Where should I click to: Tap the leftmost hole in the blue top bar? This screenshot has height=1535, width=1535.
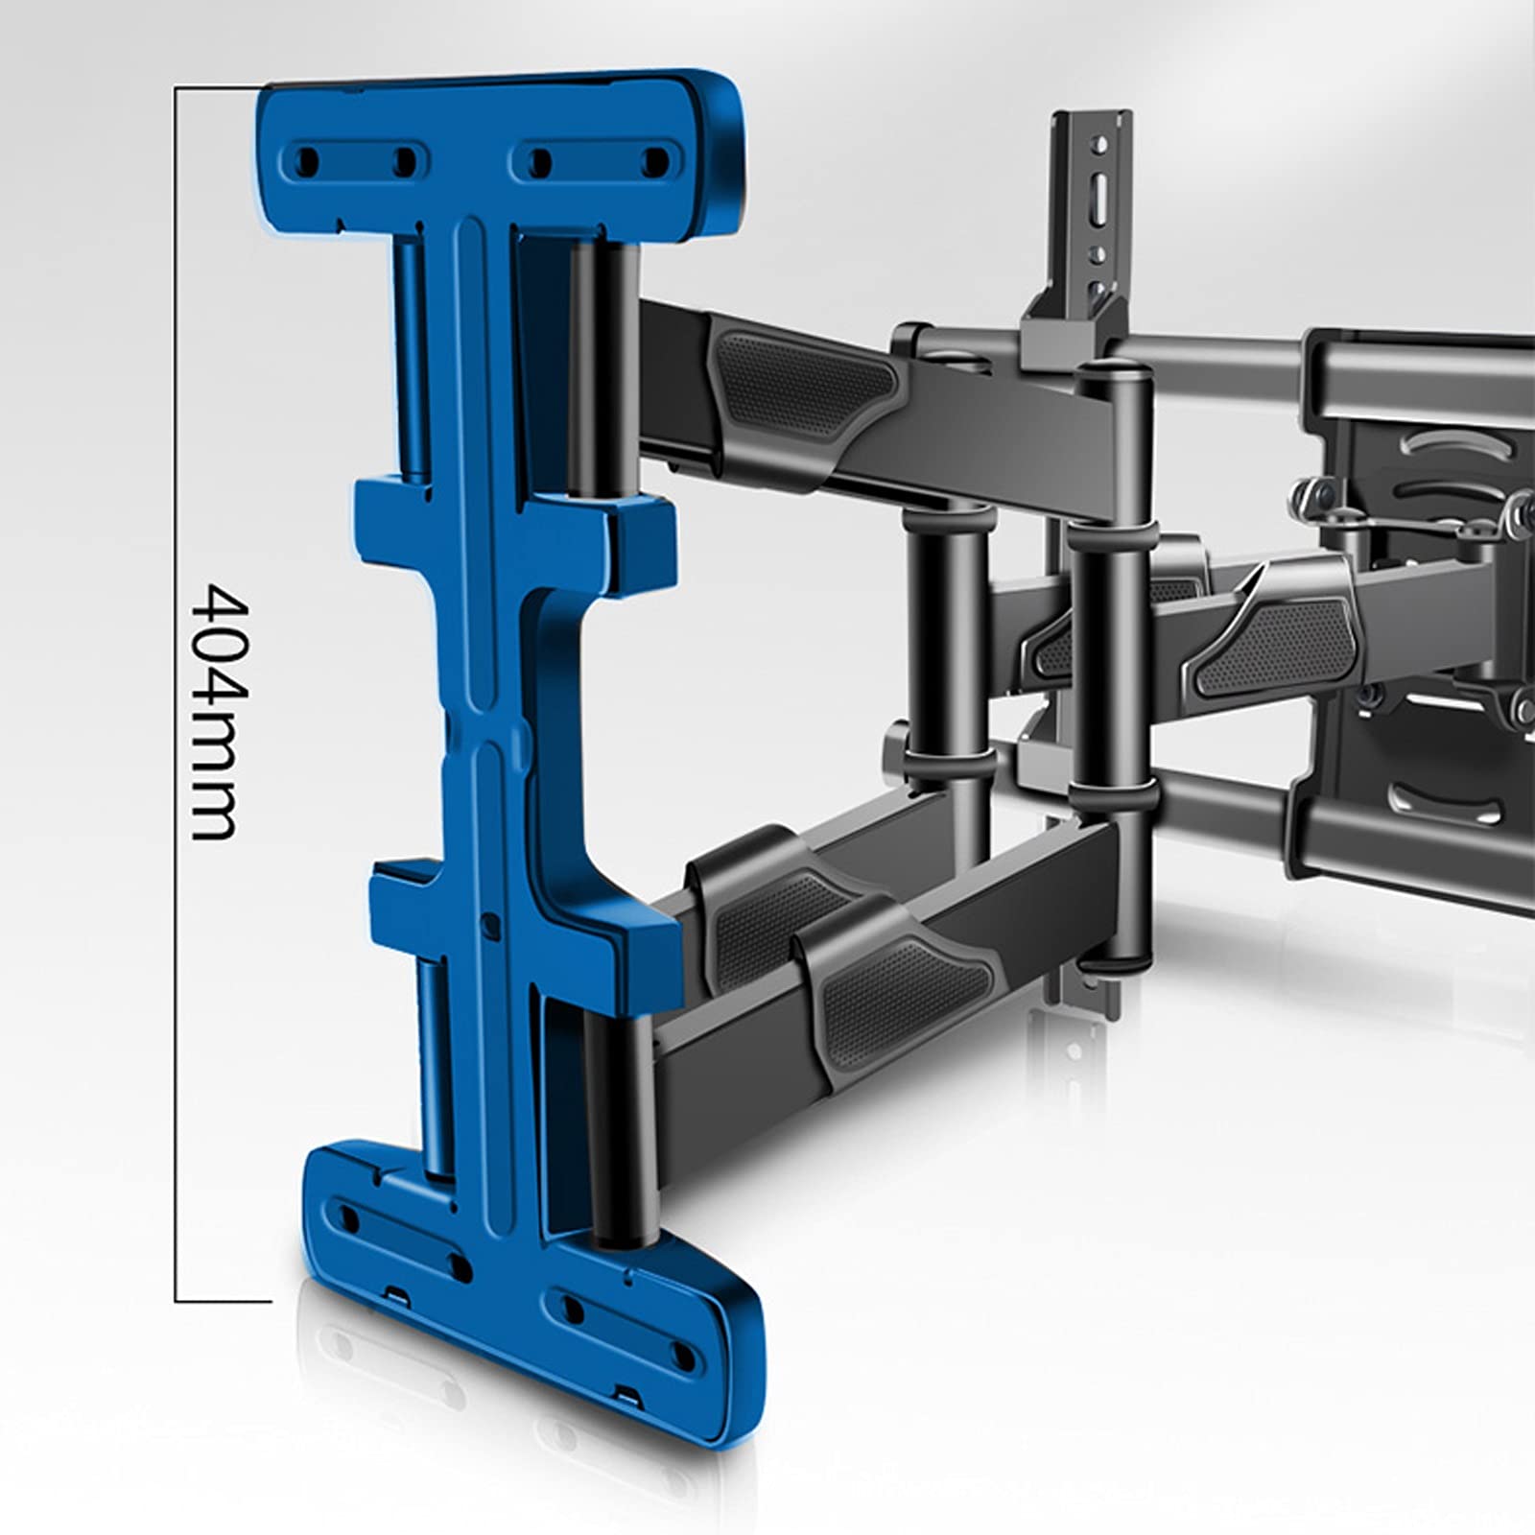[310, 159]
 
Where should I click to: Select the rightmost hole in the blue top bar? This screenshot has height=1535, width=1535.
[657, 159]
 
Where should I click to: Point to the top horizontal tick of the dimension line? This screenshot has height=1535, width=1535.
[218, 87]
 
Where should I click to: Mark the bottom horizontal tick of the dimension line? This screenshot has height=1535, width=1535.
[223, 1301]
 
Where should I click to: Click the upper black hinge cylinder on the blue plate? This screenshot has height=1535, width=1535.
[602, 369]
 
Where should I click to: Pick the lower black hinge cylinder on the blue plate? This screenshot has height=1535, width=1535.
[623, 1128]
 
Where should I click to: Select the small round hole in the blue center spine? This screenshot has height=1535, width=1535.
[492, 925]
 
